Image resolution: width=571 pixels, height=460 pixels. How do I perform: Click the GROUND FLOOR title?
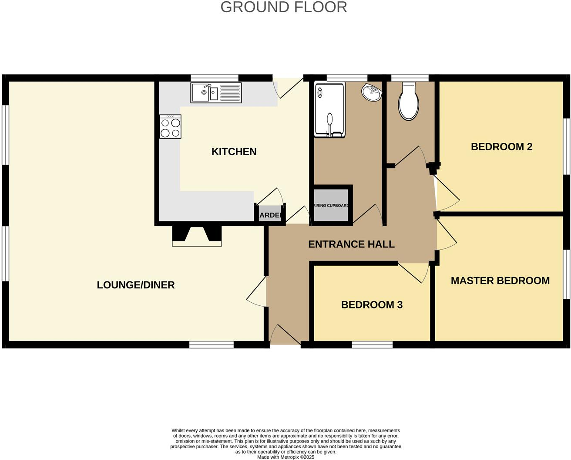tap(284, 7)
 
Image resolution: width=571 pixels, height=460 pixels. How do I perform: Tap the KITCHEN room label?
tap(234, 152)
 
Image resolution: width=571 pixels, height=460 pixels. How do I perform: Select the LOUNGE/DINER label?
tap(136, 285)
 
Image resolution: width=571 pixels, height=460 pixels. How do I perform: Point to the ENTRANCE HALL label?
tap(351, 244)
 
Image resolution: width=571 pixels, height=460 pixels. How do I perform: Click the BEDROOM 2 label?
tap(501, 147)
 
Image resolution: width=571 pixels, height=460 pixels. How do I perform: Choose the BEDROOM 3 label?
tap(372, 305)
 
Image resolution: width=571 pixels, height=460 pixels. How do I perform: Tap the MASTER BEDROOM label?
tap(500, 281)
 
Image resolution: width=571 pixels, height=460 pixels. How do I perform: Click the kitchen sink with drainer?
tap(216, 93)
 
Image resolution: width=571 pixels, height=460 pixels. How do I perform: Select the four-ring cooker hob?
tap(170, 127)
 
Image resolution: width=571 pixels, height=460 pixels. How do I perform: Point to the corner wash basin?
tap(371, 92)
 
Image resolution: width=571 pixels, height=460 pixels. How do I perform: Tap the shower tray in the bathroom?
tap(329, 110)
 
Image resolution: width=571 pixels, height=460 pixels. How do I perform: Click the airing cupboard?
tap(331, 205)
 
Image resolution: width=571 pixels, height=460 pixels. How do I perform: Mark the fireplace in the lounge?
tap(197, 236)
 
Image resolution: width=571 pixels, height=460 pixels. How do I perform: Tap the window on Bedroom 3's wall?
tap(372, 345)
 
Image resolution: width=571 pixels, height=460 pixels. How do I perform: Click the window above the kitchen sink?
tap(215, 78)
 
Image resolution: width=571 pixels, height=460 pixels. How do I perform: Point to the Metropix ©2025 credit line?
tap(285, 457)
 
